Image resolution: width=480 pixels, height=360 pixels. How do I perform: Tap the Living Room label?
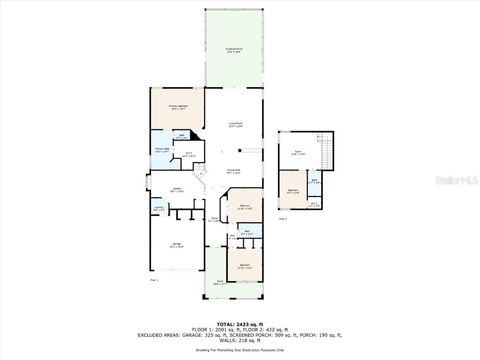click(235, 124)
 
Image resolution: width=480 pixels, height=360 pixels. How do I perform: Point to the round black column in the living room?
click(240, 150)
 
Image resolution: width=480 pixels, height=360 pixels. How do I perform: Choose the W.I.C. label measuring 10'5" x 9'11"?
click(189, 154)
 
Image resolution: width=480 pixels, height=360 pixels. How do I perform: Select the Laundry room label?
click(159, 209)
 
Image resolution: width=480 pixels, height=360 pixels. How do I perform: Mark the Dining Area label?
click(233, 171)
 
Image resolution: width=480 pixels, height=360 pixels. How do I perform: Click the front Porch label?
click(220, 282)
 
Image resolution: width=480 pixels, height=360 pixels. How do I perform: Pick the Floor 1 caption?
click(154, 280)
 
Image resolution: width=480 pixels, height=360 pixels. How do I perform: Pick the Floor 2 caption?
click(283, 219)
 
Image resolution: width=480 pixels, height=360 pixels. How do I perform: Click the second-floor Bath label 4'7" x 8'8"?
click(315, 181)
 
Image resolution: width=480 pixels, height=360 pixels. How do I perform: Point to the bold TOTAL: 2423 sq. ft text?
click(240, 324)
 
